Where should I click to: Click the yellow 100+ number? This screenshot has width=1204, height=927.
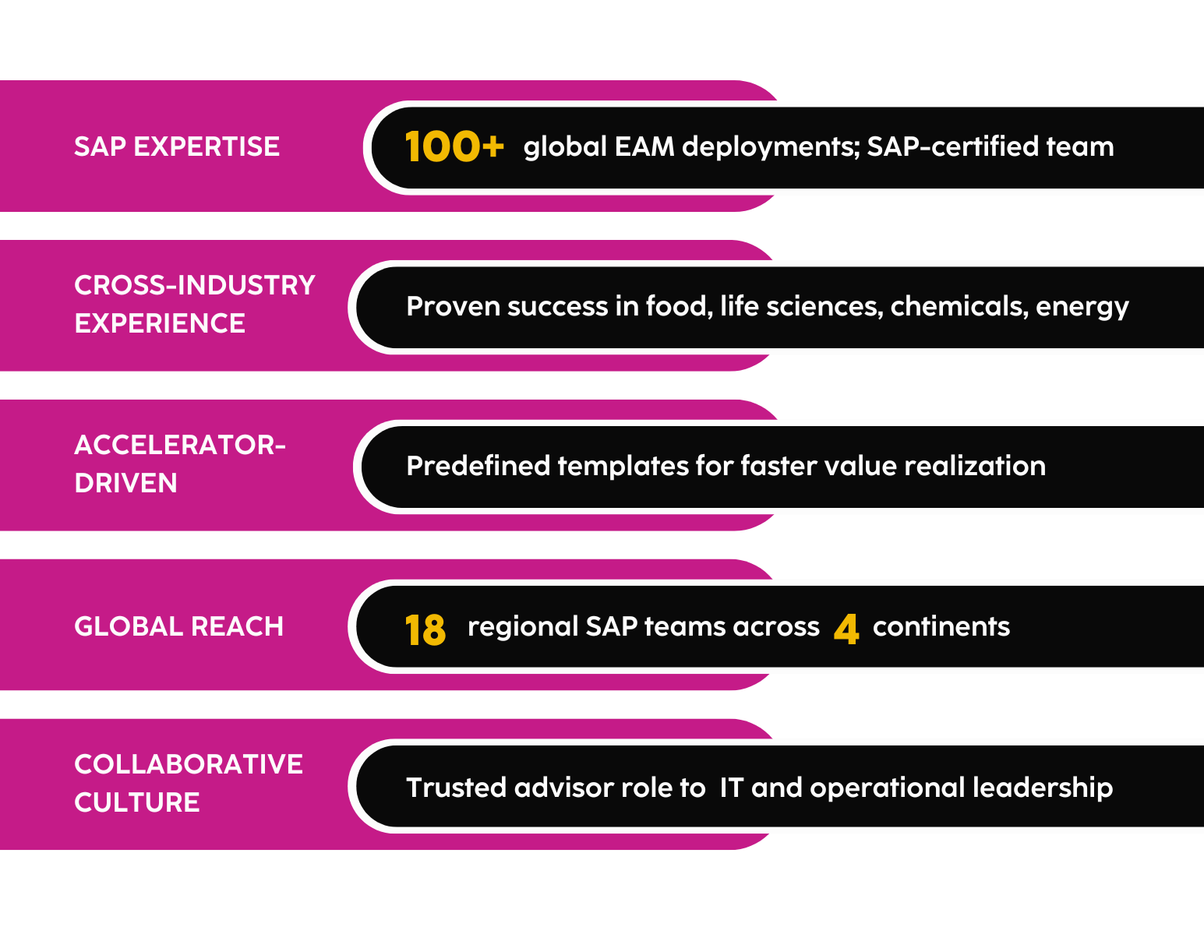click(x=454, y=146)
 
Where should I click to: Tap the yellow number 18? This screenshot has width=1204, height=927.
click(x=425, y=629)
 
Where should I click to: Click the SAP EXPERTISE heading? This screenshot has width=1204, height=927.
click(x=177, y=146)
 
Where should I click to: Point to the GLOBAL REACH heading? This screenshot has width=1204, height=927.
click(x=178, y=626)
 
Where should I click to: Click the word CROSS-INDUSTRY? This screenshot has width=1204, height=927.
click(x=195, y=285)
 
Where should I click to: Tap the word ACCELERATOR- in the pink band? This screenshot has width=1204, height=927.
click(x=180, y=445)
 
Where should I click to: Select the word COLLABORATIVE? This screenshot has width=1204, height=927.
click(x=189, y=764)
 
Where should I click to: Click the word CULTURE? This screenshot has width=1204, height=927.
click(x=137, y=802)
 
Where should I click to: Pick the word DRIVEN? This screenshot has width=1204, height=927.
click(x=125, y=483)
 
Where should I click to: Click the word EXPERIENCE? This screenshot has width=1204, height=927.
click(x=160, y=323)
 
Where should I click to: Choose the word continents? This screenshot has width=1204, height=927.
click(x=941, y=626)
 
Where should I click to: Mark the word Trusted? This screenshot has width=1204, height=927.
click(x=457, y=788)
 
